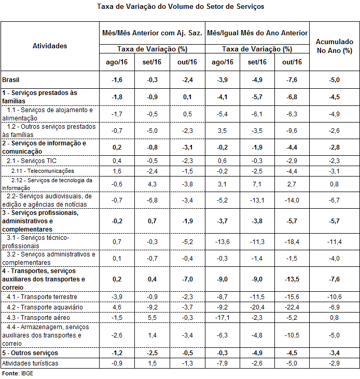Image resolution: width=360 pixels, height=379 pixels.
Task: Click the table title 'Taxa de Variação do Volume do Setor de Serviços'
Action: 180,7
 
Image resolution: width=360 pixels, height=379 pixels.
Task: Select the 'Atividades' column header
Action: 50,46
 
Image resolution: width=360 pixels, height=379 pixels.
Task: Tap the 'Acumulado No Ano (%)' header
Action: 334,46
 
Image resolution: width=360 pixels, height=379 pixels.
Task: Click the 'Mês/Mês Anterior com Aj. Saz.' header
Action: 152,33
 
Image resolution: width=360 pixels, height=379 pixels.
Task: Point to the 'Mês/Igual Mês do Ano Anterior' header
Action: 257,33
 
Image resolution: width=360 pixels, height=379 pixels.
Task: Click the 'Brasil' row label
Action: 11,80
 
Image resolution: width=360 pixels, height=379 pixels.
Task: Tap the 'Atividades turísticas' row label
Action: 30,363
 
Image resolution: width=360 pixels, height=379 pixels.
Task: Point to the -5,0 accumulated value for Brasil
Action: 334,80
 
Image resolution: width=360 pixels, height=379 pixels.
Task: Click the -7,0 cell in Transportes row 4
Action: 188,279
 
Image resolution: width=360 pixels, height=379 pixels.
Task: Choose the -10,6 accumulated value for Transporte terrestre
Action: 334,297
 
